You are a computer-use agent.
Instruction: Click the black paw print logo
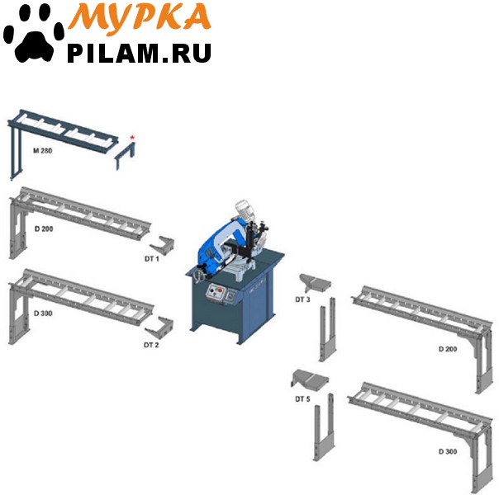click(x=33, y=35)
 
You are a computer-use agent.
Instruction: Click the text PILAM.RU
click(x=139, y=53)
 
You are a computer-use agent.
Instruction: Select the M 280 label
click(x=42, y=151)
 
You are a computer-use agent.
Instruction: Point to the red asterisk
click(x=132, y=138)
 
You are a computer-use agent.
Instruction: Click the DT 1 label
click(x=152, y=259)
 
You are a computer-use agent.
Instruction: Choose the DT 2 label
click(x=151, y=345)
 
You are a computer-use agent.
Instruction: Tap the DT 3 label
click(x=302, y=299)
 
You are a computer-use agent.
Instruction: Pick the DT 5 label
click(x=302, y=399)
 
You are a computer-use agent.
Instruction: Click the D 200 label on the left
click(x=44, y=229)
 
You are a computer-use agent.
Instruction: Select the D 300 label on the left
click(x=43, y=313)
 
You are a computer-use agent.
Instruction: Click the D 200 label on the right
click(x=448, y=349)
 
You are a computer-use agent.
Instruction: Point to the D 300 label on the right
click(x=448, y=452)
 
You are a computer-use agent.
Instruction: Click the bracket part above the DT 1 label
click(x=162, y=245)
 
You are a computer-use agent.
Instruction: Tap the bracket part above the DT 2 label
click(x=159, y=328)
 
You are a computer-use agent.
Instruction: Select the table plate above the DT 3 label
click(x=316, y=282)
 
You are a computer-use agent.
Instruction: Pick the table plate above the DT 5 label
click(x=310, y=379)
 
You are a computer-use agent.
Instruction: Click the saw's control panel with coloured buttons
click(x=216, y=292)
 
